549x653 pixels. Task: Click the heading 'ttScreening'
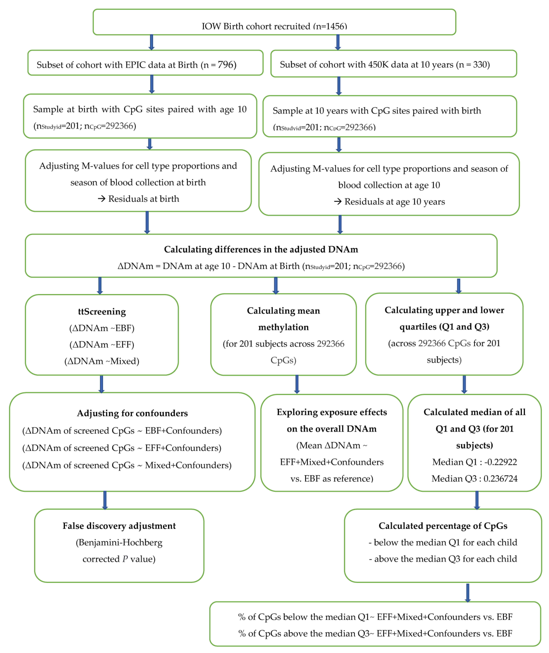point(102,312)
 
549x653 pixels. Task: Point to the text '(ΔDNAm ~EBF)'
point(102,328)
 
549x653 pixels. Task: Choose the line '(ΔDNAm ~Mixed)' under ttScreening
point(102,361)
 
